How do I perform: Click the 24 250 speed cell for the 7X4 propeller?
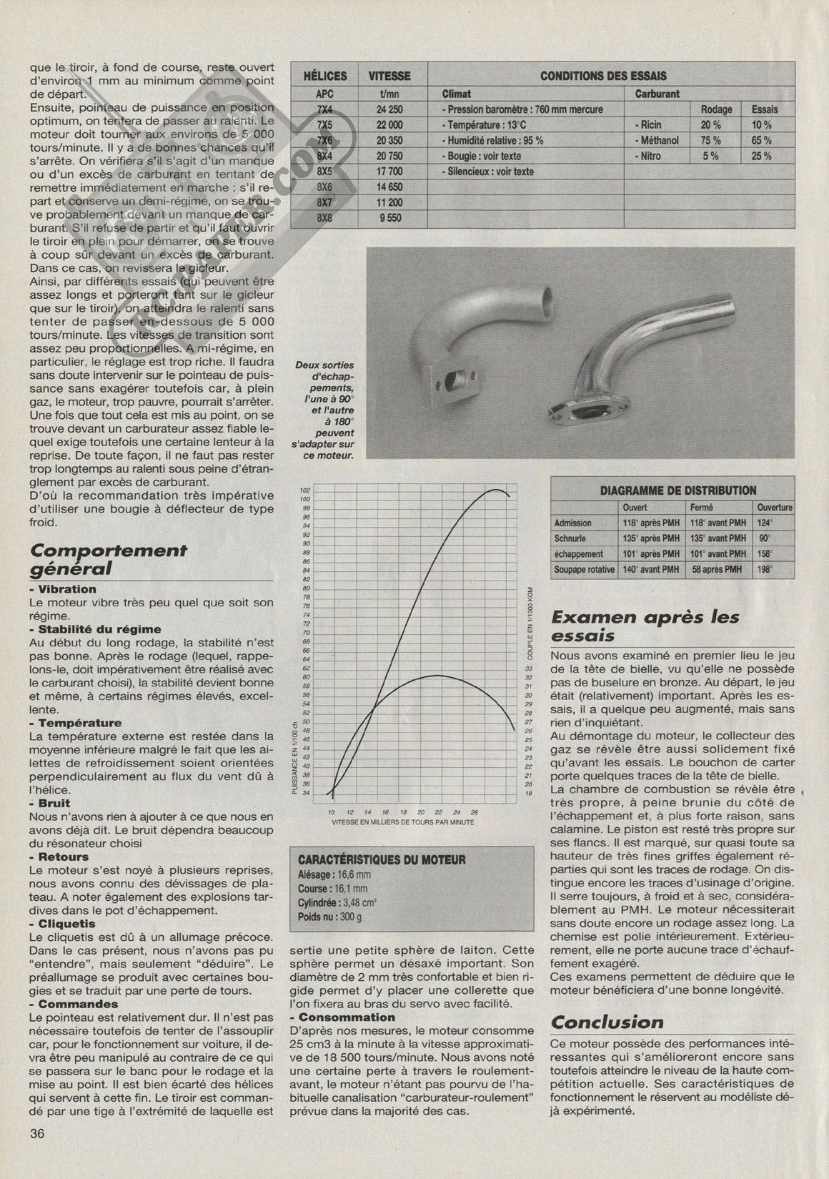coord(389,109)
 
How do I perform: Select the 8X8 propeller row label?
coord(324,218)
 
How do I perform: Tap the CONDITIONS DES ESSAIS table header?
coord(603,76)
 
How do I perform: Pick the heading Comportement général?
coord(108,559)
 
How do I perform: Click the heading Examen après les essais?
coord(645,626)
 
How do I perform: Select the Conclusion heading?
coord(608,1022)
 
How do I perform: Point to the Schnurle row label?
coord(570,538)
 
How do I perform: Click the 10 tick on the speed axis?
coord(331,812)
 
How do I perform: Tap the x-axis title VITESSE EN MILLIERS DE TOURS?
coord(402,822)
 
